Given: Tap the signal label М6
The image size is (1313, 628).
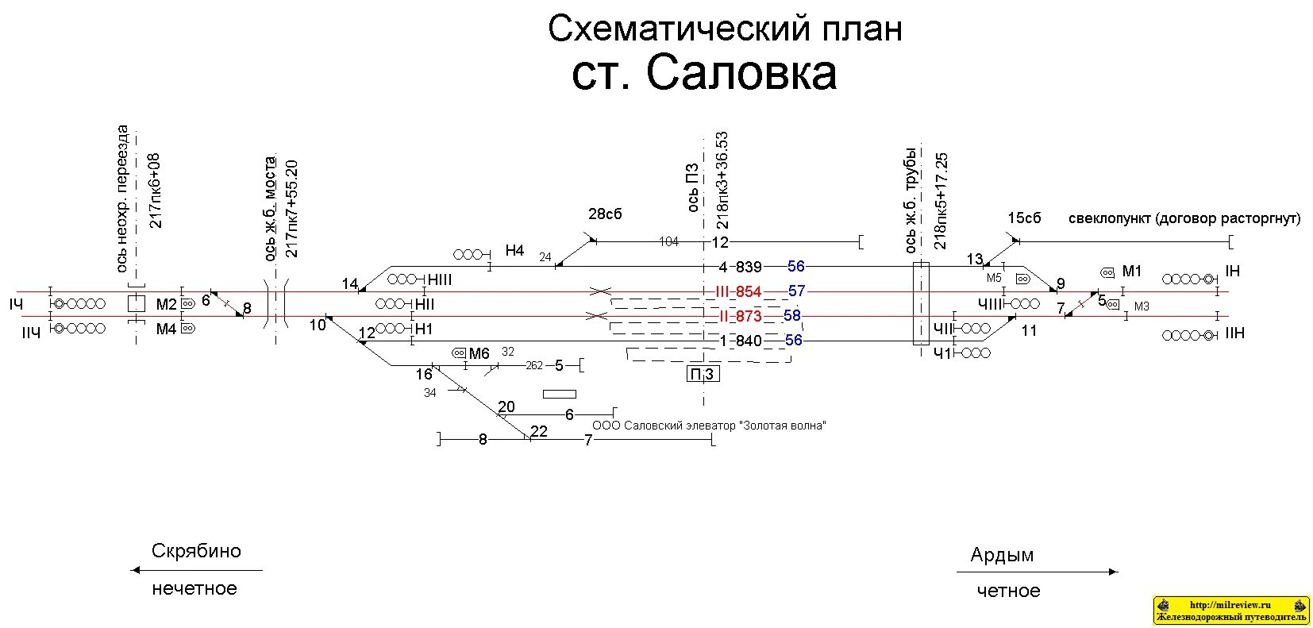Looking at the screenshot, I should pos(479,354).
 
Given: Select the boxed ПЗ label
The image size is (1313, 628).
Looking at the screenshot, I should pos(703,374).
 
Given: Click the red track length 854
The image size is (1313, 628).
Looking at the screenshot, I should pos(749,292).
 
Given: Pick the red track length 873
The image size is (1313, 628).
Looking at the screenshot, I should pos(749,317).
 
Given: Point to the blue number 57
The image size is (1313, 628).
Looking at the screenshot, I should pos(796,291).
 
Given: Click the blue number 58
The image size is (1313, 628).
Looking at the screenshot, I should pos(792,316).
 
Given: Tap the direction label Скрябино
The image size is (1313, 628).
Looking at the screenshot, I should pos(196,551).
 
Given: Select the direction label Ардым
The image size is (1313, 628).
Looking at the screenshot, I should pos(1002,555).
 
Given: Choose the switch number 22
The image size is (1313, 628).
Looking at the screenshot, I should pos(539,432).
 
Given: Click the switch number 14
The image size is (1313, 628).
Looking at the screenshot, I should pos(350,283).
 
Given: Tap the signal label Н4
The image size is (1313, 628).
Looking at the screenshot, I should pos(514,251).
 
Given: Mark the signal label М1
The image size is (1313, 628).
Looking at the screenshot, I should pos(1131,272).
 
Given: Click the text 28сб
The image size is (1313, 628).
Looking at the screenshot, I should pos(605,214).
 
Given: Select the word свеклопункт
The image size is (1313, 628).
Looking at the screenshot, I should pos(1109,218).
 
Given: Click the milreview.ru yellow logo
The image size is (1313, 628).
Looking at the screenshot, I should pos(1230,611).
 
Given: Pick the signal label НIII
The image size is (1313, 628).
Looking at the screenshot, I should pos(439,279).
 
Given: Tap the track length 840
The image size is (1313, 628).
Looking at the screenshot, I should pos(749,341).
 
